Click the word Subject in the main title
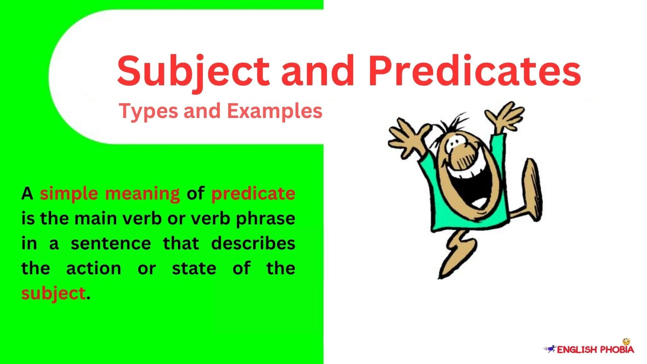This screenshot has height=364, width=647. coord(193,72)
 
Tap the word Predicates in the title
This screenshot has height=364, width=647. coord(474,72)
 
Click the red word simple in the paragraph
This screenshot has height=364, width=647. coord(69,194)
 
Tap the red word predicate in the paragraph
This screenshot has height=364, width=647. coord(253,194)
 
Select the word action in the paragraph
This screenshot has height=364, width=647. coord(94,269)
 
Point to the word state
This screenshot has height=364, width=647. coord(194,269)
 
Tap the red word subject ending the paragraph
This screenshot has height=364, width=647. coord(53,294)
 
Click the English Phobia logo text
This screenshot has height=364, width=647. coord(595,350)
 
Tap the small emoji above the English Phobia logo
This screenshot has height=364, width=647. coord(626,342)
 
